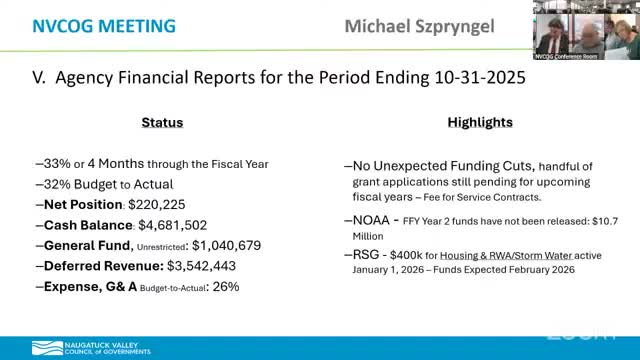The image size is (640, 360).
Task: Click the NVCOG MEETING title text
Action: [89, 23]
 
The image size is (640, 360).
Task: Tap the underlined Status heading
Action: [161, 123]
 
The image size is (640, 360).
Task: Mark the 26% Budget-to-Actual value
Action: [226, 286]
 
